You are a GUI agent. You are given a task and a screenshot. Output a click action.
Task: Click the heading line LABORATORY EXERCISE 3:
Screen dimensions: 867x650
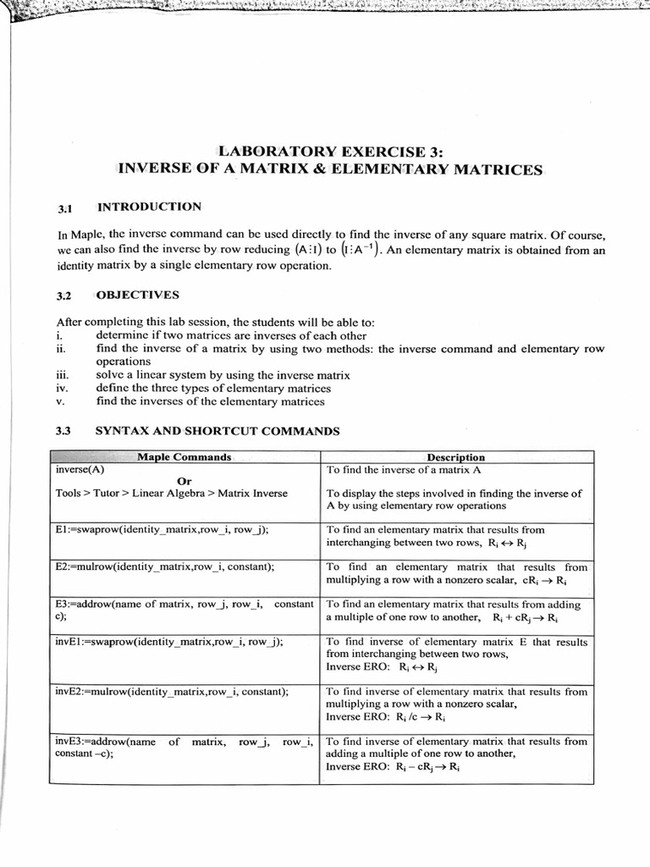coord(330,152)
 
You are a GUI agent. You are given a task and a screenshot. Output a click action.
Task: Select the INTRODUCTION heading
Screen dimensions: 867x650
coord(149,207)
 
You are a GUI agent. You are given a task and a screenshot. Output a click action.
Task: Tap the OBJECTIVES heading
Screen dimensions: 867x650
coord(137,295)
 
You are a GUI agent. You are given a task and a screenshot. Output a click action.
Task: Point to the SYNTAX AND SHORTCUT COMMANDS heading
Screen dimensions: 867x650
coord(217,431)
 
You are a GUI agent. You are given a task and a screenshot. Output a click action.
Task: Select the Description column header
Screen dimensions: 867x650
coord(455,457)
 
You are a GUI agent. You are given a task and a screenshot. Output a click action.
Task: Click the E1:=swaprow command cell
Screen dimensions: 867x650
coord(162,530)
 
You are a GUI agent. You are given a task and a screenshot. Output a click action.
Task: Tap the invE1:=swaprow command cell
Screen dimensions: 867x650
coord(168,642)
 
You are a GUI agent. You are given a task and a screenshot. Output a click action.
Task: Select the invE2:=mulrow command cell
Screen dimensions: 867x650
coord(172,692)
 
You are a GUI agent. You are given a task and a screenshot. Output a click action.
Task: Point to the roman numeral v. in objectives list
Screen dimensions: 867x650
coord(60,401)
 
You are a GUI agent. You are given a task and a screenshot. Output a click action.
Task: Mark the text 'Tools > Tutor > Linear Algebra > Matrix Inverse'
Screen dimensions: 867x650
coord(171,494)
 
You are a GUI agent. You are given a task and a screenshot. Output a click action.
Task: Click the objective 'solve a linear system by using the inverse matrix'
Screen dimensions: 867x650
coord(223,375)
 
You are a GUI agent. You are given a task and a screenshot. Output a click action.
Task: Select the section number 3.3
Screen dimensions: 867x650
coord(63,431)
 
